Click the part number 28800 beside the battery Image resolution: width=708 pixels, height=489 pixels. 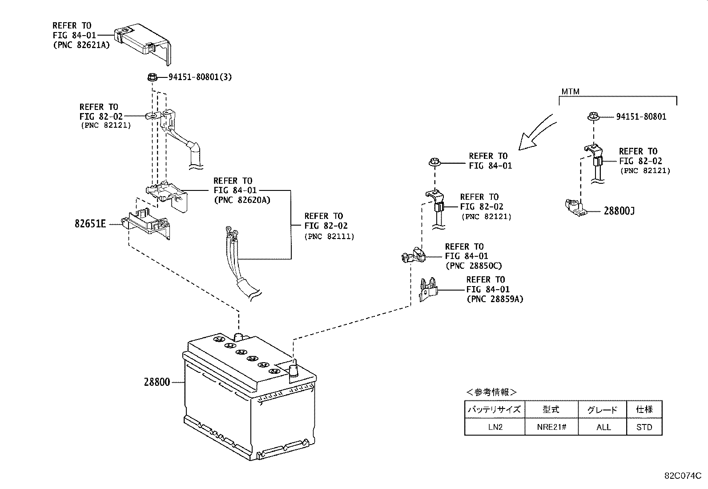click(x=157, y=382)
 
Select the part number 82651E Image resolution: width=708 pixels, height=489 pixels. click(x=90, y=224)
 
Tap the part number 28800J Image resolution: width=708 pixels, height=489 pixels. click(x=619, y=211)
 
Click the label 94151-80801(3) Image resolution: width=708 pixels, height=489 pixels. click(x=200, y=77)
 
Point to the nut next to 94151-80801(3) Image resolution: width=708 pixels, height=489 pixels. click(x=151, y=77)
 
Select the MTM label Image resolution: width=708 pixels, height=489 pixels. click(x=570, y=92)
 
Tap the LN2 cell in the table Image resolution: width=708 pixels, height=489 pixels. click(x=494, y=427)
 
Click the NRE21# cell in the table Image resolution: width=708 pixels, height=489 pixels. click(x=551, y=427)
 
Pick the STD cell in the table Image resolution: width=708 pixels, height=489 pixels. click(x=644, y=427)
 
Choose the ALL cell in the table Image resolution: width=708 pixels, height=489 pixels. click(x=603, y=427)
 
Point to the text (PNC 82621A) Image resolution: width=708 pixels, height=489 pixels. click(x=81, y=44)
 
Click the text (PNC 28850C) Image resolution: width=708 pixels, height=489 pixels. click(x=473, y=266)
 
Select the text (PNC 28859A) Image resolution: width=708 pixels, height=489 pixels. click(x=495, y=299)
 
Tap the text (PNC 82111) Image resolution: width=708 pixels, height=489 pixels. click(x=329, y=236)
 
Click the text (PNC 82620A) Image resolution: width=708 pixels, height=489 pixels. click(x=241, y=200)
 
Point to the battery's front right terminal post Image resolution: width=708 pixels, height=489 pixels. click(x=294, y=370)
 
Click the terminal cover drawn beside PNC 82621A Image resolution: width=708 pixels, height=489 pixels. click(x=143, y=42)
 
